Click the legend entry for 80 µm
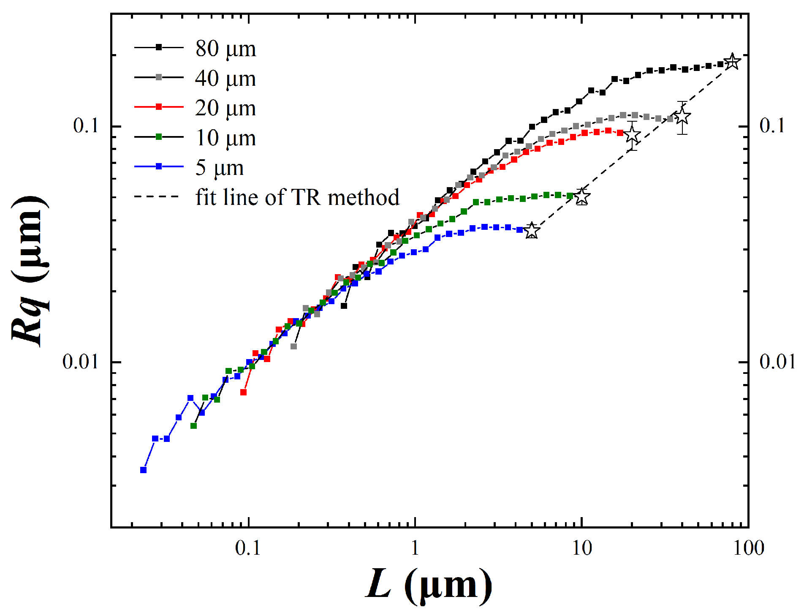225,49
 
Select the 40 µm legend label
225,79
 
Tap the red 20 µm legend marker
159,107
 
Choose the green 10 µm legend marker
159,137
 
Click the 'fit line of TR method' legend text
297,197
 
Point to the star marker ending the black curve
732,62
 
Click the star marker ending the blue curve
532,231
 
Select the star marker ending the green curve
582,196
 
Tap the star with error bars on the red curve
632,136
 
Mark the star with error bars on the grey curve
682,117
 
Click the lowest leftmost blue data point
144,470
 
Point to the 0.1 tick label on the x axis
248,548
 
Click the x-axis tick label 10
582,548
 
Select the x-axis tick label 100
747,548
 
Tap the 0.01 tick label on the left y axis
80,362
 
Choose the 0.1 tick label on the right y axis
772,126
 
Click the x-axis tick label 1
415,548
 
